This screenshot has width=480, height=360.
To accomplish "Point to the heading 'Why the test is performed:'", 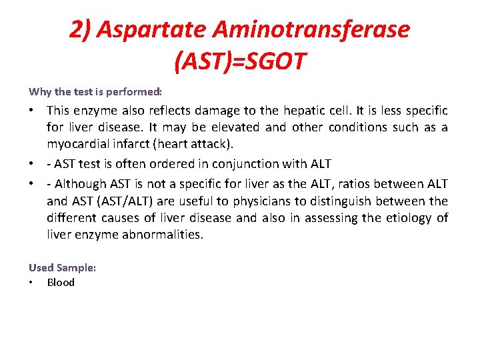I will coord(95,91).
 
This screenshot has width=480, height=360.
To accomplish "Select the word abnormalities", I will coord(163,235).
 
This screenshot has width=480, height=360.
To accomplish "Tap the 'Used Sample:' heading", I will coord(63,267).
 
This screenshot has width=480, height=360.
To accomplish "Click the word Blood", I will coord(61,282).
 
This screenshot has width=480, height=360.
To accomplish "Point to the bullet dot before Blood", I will coord(31,282).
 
